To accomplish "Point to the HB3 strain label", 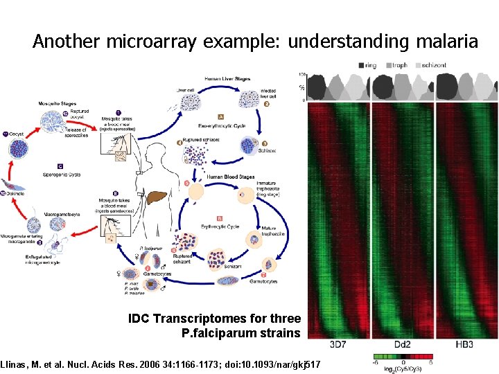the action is point(465,344).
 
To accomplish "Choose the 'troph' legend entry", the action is point(399,65).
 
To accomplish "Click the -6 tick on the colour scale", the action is point(376,361).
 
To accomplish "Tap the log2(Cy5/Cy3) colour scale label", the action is point(404,368).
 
